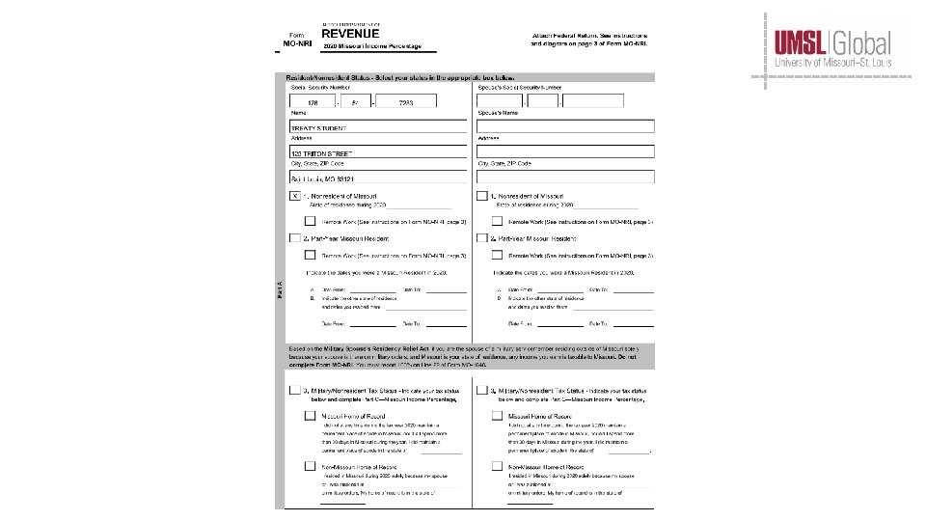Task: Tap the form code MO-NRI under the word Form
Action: coord(298,44)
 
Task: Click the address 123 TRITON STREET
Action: coord(322,153)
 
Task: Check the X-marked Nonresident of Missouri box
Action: coord(295,196)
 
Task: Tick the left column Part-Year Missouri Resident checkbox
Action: coord(295,238)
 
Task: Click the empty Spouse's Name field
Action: coord(565,126)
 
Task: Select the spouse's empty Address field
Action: coord(565,151)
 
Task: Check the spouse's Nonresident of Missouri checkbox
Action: coord(481,196)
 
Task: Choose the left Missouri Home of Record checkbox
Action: coord(311,417)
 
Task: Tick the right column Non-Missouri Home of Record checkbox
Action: coord(497,467)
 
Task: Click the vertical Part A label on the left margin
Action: coord(280,295)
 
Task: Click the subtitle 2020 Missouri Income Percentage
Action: coord(371,46)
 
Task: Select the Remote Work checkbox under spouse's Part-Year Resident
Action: coord(497,256)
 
